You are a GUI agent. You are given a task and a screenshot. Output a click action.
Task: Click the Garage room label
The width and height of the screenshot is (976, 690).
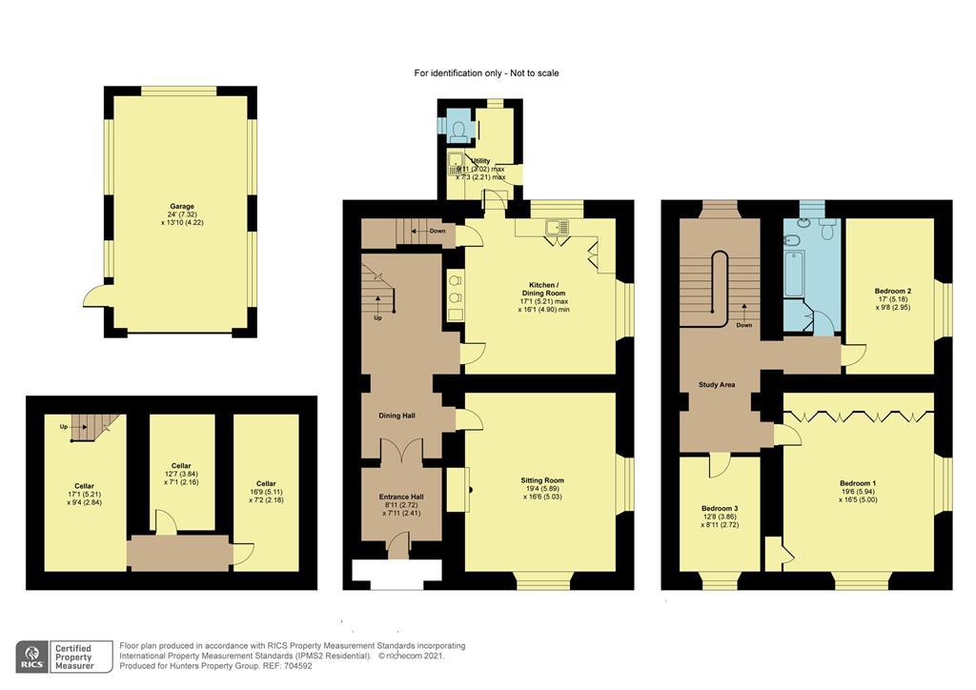pyautogui.click(x=182, y=207)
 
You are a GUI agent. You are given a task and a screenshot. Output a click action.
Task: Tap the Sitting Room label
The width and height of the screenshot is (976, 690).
pyautogui.click(x=541, y=481)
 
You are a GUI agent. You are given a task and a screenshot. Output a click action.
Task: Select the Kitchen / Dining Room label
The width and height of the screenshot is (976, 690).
pyautogui.click(x=542, y=288)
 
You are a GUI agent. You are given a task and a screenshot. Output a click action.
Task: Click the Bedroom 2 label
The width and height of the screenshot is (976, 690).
pyautogui.click(x=893, y=291)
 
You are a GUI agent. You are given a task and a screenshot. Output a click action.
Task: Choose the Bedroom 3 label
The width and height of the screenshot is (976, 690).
pyautogui.click(x=720, y=508)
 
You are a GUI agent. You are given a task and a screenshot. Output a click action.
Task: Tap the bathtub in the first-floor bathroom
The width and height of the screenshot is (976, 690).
pyautogui.click(x=794, y=273)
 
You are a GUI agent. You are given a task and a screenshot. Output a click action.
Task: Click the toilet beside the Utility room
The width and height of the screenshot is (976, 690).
pyautogui.click(x=458, y=127)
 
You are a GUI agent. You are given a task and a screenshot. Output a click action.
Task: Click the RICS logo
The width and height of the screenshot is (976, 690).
pyautogui.click(x=34, y=656)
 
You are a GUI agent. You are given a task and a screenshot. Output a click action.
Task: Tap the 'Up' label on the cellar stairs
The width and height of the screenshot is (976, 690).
pyautogui.click(x=64, y=426)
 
